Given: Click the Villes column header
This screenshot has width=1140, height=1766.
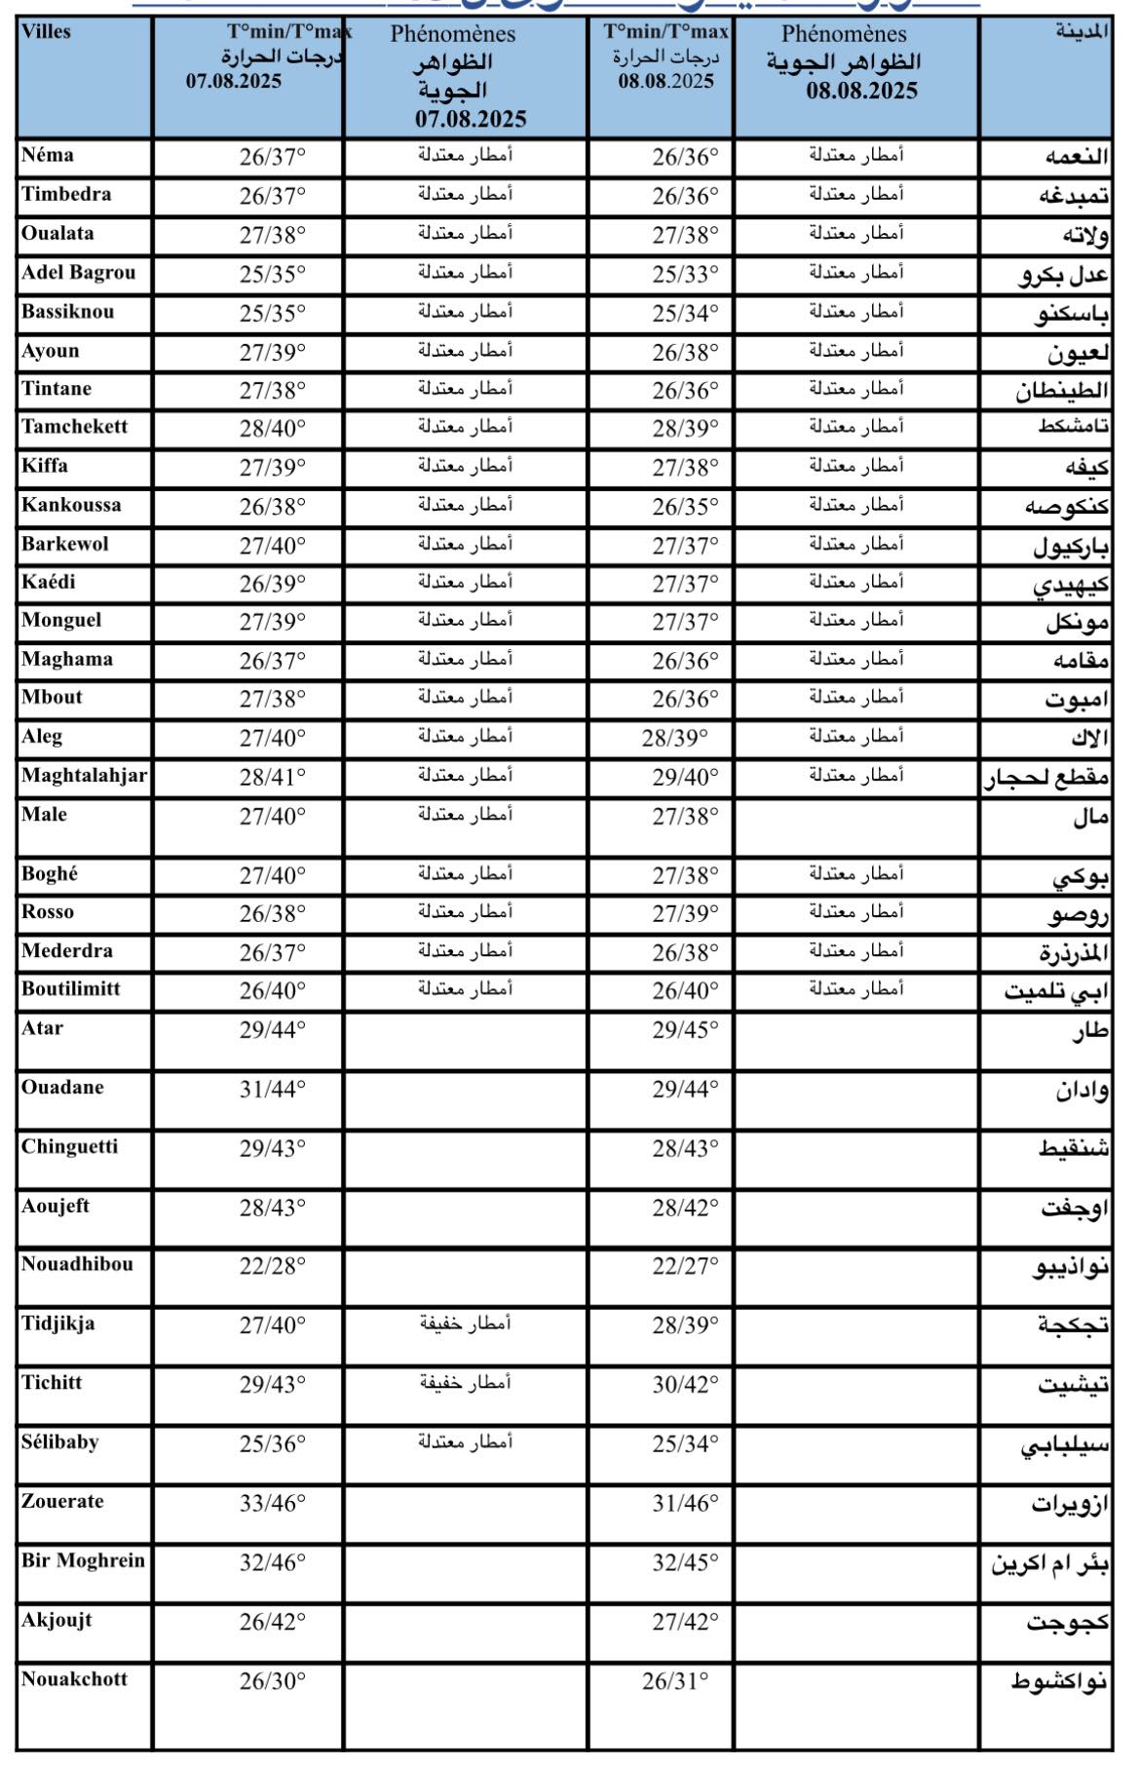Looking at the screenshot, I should coord(47,32).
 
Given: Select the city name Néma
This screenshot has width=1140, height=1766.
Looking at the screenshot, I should coord(48,155).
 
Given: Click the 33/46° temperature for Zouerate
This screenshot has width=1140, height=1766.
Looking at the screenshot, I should coord(273,1503).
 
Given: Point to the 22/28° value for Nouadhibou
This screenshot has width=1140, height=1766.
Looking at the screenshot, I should coord(273,1266).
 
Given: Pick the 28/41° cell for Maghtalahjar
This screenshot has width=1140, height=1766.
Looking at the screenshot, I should coord(273,777).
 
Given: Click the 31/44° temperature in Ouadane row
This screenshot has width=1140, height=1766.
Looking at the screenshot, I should coord(273,1089).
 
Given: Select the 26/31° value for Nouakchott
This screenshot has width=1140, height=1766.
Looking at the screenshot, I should coord(675,1680).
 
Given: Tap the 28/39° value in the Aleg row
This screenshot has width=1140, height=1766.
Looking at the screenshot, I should coord(675,738).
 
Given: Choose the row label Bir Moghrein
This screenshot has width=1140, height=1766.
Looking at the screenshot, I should coord(83,1560).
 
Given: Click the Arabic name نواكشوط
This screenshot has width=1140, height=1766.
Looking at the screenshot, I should coord(1059,1681).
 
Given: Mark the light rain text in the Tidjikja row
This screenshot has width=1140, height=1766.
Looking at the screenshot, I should coord(466,1323).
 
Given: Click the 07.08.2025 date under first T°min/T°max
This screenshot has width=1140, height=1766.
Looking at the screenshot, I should coord(234,81).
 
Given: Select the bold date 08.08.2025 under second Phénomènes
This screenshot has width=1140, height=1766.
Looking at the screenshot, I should coord(861,92).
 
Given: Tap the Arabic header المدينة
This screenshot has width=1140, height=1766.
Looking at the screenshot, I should coord(1082,32).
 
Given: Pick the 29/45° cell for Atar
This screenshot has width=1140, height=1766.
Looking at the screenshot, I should coord(685,1030).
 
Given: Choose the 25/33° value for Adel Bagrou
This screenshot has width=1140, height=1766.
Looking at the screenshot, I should coord(685,274).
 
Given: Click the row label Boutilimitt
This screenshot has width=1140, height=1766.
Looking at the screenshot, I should coord(71,988).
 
